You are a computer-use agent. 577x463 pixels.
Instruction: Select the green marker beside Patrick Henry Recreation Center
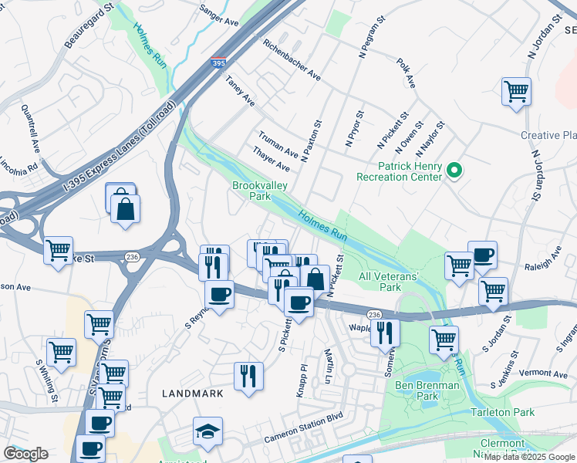[x=454, y=171]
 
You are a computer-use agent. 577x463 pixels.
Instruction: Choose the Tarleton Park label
[x=503, y=412]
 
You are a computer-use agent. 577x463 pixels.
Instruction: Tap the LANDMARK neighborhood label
[x=193, y=393]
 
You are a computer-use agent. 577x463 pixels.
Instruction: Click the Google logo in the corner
[x=25, y=454]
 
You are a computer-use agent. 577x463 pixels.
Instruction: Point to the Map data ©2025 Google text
[x=529, y=457]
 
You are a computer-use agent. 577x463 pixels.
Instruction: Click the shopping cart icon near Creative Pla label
[x=516, y=91]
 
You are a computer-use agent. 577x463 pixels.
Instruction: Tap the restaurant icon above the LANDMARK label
[x=248, y=376]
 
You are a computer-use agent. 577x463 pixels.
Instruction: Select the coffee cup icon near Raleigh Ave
[x=483, y=255]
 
